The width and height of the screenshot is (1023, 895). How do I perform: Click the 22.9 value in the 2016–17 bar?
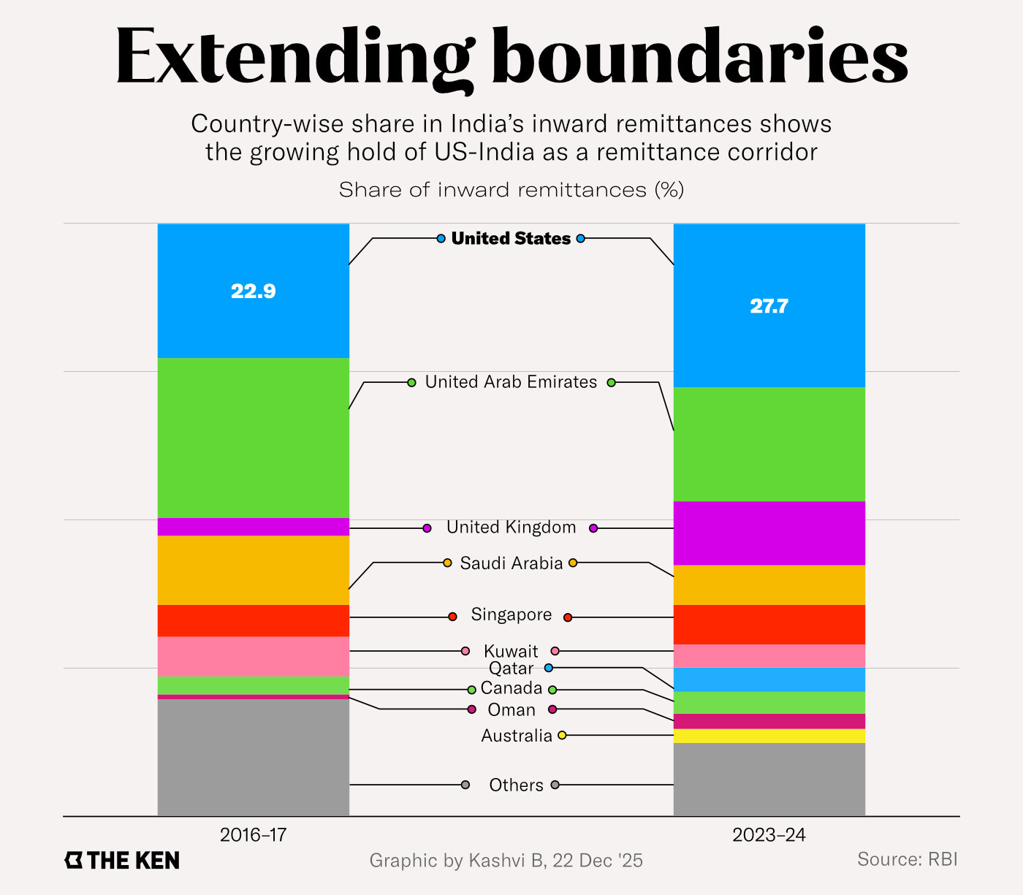[x=253, y=291]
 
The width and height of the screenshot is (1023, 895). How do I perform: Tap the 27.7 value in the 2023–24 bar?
[x=769, y=305]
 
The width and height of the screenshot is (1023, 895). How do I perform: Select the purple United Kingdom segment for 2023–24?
[x=769, y=533]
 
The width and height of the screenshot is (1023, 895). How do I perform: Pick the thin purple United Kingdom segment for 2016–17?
[x=253, y=527]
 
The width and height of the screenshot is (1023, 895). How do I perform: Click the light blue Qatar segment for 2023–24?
[x=769, y=679]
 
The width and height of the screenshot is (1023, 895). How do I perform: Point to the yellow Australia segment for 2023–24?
[x=769, y=736]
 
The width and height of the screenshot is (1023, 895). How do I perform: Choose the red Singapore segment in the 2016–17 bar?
[x=253, y=620]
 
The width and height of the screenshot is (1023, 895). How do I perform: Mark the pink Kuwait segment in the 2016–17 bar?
[x=253, y=656]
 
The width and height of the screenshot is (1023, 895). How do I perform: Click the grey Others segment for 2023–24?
[x=769, y=779]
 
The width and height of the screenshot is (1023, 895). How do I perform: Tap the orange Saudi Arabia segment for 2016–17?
[x=253, y=570]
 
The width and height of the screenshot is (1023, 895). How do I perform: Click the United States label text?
[x=511, y=238]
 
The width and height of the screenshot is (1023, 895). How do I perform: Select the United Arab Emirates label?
[x=511, y=382]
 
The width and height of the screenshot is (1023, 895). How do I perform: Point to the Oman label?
[x=512, y=710]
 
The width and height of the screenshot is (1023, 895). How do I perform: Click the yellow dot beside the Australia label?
[x=562, y=735]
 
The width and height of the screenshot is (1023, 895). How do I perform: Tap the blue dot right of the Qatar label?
[x=549, y=668]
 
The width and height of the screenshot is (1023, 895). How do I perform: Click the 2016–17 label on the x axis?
[x=253, y=835]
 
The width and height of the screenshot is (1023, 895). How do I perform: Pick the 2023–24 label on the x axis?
[x=769, y=835]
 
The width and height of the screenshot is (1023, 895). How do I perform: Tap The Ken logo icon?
[x=74, y=860]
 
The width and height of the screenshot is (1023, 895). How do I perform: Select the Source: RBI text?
[x=907, y=859]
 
